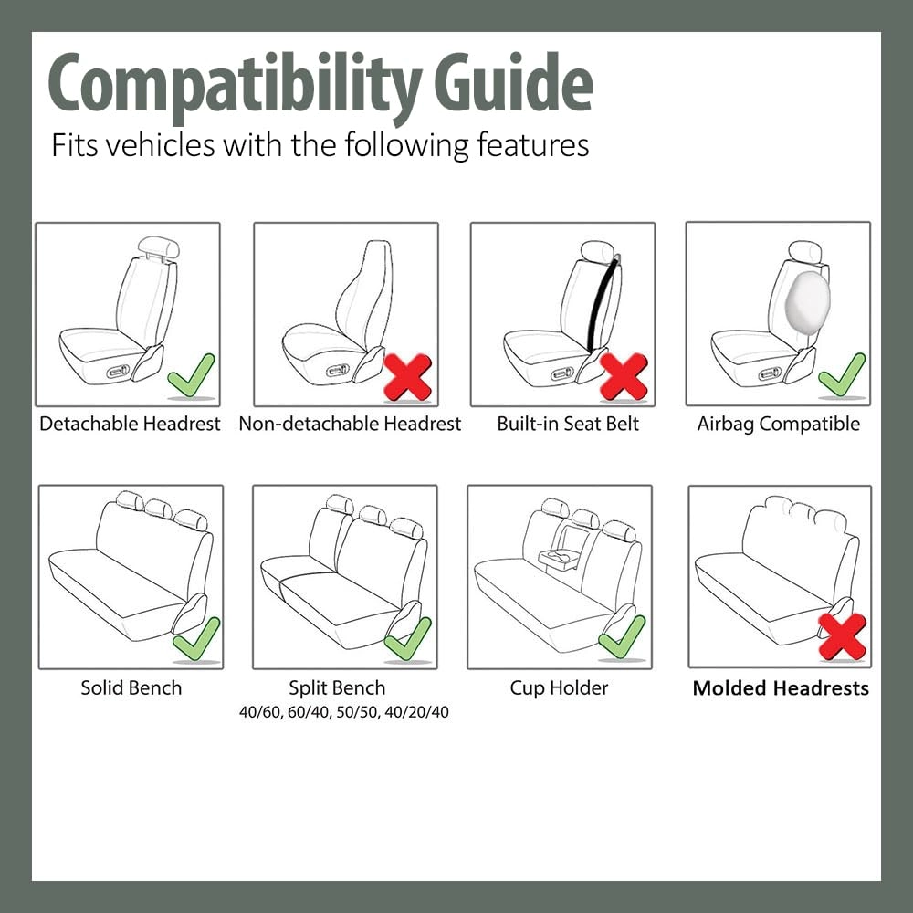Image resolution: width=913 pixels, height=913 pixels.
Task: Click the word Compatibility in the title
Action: pos(233,84)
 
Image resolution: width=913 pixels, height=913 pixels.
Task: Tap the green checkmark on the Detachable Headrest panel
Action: pos(192,375)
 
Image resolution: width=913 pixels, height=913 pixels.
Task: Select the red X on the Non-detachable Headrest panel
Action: pos(407,376)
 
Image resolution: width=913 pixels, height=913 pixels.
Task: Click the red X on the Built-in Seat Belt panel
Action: pos(624,376)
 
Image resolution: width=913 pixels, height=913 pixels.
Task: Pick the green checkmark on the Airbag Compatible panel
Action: pos(841,374)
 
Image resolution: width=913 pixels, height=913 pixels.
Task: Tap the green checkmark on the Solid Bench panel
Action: pos(196,638)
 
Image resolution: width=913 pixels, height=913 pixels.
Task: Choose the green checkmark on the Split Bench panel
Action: pos(407,638)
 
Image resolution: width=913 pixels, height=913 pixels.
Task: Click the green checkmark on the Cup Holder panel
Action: pos(622,636)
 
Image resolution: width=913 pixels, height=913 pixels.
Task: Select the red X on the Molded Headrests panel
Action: pos(842,636)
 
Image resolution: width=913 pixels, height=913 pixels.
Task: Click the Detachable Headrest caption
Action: pos(130,424)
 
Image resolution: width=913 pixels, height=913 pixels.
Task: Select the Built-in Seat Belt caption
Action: pos(568,424)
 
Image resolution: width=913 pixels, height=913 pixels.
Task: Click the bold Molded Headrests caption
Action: pos(781,688)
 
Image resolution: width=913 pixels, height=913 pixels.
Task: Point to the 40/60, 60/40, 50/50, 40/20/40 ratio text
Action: pos(343,712)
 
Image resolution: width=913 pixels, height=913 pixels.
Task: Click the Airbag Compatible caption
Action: pos(778,424)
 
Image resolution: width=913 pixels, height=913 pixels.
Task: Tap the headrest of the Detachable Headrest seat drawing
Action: pos(157,247)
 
